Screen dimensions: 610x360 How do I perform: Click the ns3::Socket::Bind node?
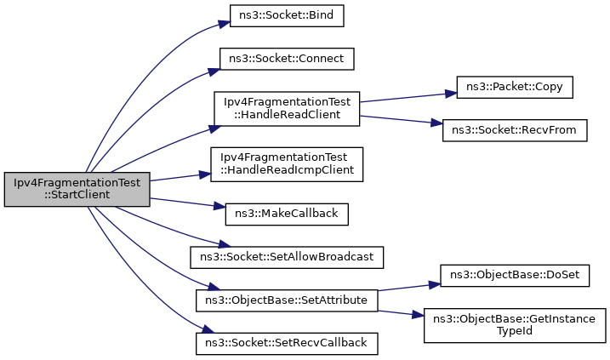point(287,15)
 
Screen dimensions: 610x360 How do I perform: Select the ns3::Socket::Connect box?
point(287,59)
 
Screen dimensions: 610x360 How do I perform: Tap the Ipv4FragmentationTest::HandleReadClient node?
point(287,109)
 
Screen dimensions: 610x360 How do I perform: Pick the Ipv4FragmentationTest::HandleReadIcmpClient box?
point(287,164)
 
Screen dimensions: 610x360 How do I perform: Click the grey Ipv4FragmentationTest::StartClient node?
point(77,189)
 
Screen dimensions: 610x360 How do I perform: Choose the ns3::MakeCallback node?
point(287,214)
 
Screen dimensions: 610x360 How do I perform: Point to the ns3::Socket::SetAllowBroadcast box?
point(287,257)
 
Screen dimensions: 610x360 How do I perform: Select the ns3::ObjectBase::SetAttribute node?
point(287,300)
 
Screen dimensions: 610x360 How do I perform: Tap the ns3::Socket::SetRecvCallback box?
point(287,344)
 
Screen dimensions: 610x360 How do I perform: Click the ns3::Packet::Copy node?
point(515,87)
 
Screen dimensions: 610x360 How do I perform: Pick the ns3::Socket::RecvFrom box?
point(515,130)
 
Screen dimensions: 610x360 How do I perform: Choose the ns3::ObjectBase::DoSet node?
point(515,276)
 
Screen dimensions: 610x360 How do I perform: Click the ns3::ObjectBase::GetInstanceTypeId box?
point(515,325)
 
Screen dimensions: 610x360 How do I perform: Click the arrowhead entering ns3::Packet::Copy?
point(451,94)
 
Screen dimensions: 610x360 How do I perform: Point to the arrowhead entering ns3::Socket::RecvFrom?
point(437,123)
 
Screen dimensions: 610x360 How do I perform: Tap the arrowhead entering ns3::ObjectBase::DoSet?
point(435,284)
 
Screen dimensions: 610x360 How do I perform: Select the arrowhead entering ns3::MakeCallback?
point(219,207)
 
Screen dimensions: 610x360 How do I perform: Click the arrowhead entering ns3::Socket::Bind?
point(225,24)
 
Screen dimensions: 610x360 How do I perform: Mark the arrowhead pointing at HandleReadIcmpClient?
point(205,174)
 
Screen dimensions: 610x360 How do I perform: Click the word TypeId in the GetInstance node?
point(515,331)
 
